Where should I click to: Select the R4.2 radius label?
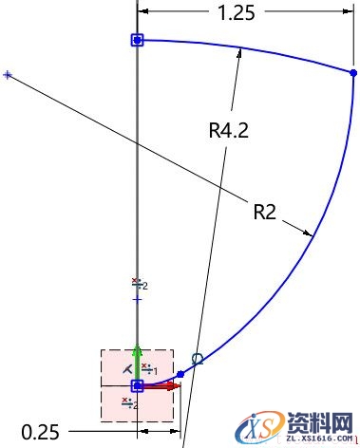tap(228, 131)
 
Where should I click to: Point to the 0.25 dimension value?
tap(40, 433)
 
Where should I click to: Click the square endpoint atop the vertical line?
tap(137, 40)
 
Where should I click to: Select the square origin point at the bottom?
tap(137, 386)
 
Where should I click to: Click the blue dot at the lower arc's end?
tap(180, 375)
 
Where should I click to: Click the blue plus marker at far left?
tap(8, 74)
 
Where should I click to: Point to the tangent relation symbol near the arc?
tap(198, 358)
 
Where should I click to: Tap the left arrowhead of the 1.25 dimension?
tap(143, 12)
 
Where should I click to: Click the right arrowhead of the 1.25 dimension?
tap(347, 12)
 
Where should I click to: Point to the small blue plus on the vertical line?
tap(137, 299)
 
